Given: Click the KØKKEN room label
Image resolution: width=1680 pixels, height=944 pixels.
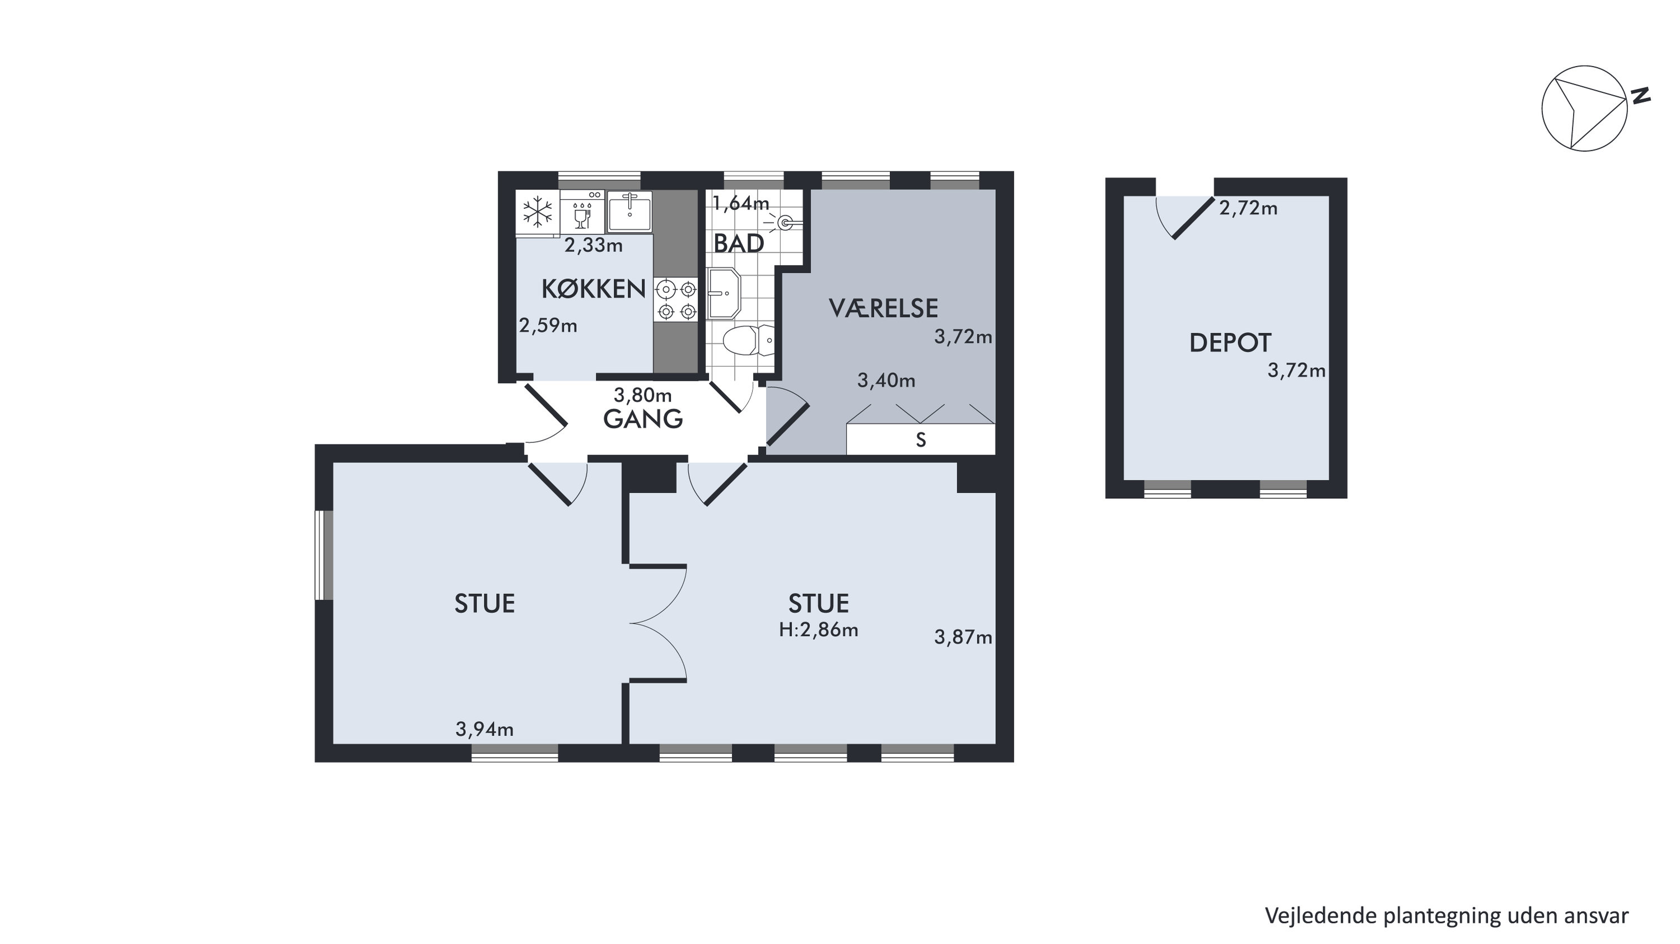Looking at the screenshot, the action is pyautogui.click(x=594, y=289).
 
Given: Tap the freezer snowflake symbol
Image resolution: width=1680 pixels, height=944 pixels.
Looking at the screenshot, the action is pyautogui.click(x=538, y=212).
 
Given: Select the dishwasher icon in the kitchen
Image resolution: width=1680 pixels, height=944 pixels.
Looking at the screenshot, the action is pyautogui.click(x=582, y=212).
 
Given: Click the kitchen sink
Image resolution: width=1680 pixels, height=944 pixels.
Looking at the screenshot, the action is pyautogui.click(x=629, y=211).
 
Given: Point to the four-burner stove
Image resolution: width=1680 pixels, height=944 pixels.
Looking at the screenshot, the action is pyautogui.click(x=676, y=299).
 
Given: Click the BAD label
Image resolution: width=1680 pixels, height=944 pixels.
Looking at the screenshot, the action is pyautogui.click(x=738, y=244).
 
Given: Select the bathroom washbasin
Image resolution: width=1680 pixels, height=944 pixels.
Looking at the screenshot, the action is pyautogui.click(x=724, y=293).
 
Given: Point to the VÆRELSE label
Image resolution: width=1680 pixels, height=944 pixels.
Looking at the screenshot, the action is pyautogui.click(x=883, y=309).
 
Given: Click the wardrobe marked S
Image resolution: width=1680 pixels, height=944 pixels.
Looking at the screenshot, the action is pyautogui.click(x=920, y=440).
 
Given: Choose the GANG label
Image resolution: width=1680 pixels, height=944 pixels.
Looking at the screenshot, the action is pyautogui.click(x=642, y=419).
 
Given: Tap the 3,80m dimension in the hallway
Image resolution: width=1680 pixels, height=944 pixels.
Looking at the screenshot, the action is pyautogui.click(x=642, y=395).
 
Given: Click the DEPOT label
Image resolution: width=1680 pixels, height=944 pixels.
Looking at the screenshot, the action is pyautogui.click(x=1230, y=343).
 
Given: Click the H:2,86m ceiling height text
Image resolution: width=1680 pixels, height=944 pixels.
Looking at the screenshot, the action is pyautogui.click(x=819, y=630).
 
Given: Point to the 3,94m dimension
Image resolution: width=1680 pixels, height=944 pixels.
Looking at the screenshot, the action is pyautogui.click(x=484, y=729).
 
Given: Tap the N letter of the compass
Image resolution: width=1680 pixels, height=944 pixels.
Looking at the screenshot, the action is pyautogui.click(x=1641, y=96).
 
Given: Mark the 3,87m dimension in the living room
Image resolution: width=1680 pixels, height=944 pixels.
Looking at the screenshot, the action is pyautogui.click(x=963, y=637).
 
